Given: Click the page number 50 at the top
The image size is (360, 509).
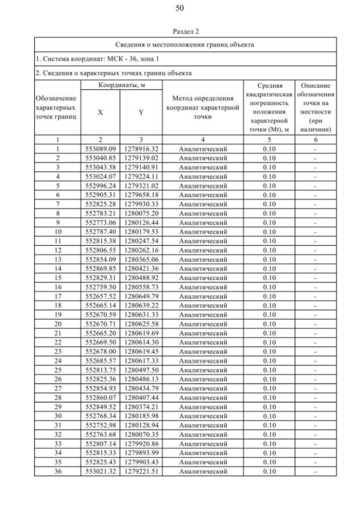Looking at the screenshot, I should coord(180,8).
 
